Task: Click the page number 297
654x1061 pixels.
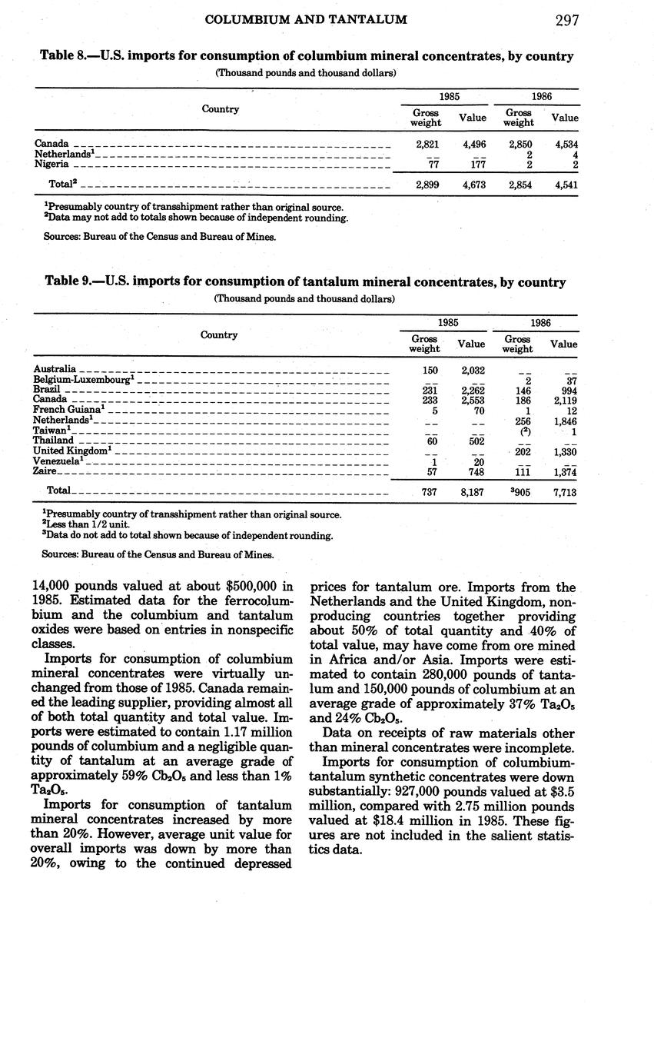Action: (566, 21)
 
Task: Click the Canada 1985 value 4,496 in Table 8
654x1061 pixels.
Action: (473, 144)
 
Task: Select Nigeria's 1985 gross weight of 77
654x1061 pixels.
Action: (428, 164)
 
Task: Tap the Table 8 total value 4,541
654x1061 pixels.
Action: (566, 185)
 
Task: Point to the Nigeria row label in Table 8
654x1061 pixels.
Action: (52, 164)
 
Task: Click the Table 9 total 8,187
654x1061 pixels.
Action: (471, 491)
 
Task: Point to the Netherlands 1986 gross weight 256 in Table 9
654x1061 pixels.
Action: (523, 421)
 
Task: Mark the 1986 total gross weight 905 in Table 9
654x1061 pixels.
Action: (522, 491)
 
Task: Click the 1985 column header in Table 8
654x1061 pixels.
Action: (450, 98)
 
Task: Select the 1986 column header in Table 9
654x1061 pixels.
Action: (540, 323)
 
